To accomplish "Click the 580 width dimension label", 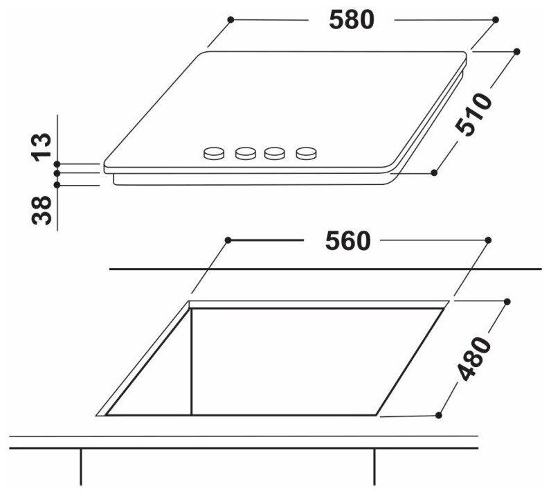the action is click(352, 19).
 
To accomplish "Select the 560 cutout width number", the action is click(348, 241).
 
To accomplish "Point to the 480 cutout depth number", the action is click(473, 359).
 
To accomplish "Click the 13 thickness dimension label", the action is click(42, 147).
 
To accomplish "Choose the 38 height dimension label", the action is click(42, 211).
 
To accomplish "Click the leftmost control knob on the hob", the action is click(214, 153).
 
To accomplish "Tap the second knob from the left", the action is click(245, 153).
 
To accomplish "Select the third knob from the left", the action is click(274, 153).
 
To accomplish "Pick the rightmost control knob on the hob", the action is click(306, 153).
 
